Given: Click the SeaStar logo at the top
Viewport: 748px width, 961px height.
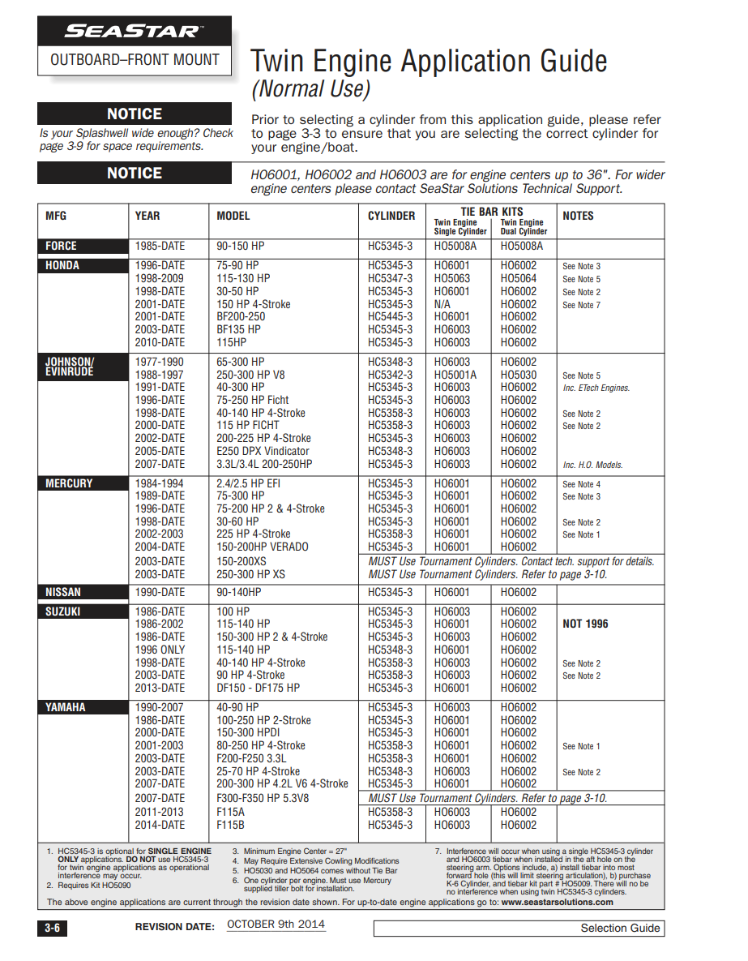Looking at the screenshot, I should pyautogui.click(x=134, y=32).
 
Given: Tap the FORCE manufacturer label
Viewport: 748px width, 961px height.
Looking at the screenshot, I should pyautogui.click(x=62, y=246).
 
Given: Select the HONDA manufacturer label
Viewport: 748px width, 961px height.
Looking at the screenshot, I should pyautogui.click(x=62, y=266).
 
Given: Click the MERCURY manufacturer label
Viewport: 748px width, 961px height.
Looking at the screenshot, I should pyautogui.click(x=69, y=483).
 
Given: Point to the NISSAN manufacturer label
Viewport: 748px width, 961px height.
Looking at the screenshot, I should pyautogui.click(x=63, y=592).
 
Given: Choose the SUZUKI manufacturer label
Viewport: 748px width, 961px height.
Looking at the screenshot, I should pyautogui.click(x=63, y=611).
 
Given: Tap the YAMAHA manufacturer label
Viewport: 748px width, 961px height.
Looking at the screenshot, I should pyautogui.click(x=65, y=707).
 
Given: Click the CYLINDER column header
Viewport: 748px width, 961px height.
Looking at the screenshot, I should pyautogui.click(x=391, y=216).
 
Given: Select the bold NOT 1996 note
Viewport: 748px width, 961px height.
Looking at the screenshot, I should pyautogui.click(x=585, y=624).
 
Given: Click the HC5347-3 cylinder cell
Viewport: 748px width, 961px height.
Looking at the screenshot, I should pyautogui.click(x=390, y=278).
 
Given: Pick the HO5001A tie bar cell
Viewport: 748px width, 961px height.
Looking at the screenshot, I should pyautogui.click(x=455, y=375).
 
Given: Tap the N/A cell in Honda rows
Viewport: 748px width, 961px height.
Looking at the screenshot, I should pyautogui.click(x=442, y=304).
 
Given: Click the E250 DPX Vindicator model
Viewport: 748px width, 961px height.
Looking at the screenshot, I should pyautogui.click(x=263, y=451).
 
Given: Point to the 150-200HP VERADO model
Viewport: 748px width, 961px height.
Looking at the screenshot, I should pyautogui.click(x=263, y=547).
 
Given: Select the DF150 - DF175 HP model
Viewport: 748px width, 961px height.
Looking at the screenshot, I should pyautogui.click(x=258, y=688).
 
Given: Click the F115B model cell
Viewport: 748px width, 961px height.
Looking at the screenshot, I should pyautogui.click(x=231, y=825).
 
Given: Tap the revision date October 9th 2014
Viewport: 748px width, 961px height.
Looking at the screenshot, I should pyautogui.click(x=276, y=925).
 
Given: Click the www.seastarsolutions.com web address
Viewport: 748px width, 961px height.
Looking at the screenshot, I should pyautogui.click(x=557, y=902).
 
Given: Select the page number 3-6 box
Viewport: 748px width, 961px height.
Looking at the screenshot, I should pyautogui.click(x=52, y=929).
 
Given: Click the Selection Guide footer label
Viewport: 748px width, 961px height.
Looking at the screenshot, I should pyautogui.click(x=620, y=928).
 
